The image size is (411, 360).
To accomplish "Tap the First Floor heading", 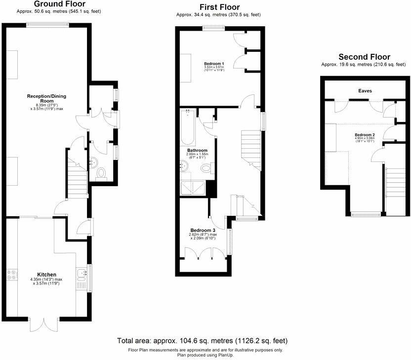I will click(x=219, y=7).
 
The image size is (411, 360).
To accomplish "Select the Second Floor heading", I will click(x=364, y=57).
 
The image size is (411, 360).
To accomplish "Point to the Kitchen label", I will click(x=47, y=275).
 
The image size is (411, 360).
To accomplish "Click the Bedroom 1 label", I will click(x=214, y=64).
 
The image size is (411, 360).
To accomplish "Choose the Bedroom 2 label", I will click(x=365, y=135).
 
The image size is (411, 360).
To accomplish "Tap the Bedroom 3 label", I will click(x=203, y=230).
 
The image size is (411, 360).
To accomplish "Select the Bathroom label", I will click(x=197, y=150).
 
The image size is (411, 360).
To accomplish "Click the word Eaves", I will click(x=366, y=91).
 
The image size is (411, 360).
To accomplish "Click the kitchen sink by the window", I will click(x=82, y=279).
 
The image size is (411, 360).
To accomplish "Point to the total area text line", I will click(x=202, y=341).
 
